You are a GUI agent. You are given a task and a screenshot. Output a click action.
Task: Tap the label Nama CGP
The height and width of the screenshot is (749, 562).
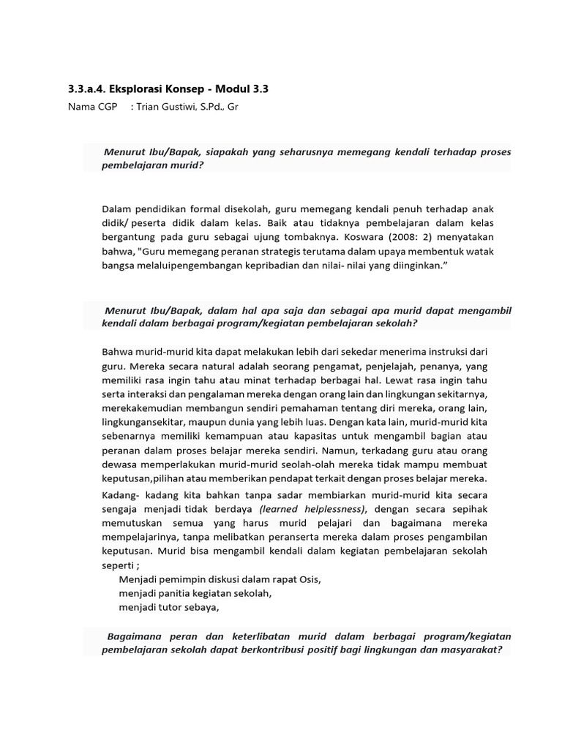88,107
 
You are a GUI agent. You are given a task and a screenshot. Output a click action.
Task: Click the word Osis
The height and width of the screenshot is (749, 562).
309,579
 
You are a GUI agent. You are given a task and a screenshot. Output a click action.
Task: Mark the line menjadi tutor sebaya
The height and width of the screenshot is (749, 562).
169,606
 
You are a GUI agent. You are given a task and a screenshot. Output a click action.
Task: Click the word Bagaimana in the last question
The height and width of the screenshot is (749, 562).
134,636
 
